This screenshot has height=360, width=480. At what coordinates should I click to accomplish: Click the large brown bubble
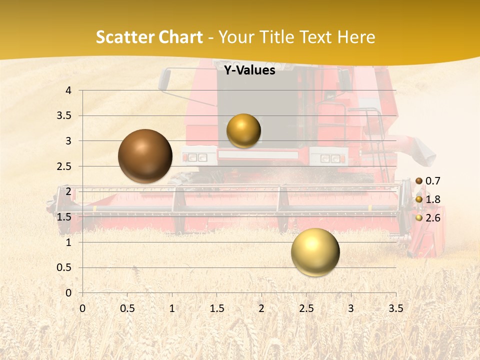point(145,156)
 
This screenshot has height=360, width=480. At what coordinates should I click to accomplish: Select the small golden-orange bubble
point(243,130)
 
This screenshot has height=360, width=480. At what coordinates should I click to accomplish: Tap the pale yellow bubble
point(315,252)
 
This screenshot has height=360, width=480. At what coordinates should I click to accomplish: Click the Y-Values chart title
point(249,70)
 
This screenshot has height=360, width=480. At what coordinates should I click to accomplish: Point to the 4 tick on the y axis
point(68,90)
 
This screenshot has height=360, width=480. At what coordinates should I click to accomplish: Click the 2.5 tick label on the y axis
point(64,166)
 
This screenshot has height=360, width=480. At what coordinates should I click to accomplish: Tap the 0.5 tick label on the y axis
point(64,267)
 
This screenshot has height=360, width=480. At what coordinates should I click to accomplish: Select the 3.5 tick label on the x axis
point(395,308)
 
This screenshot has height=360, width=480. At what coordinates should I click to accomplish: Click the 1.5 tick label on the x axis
point(216,308)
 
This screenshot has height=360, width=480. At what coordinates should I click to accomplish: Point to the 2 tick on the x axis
point(261,308)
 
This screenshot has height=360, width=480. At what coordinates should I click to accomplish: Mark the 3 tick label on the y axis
point(68,141)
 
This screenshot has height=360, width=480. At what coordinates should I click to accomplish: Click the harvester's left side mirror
point(164,80)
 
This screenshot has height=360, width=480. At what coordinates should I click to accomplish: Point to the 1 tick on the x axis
point(172,308)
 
